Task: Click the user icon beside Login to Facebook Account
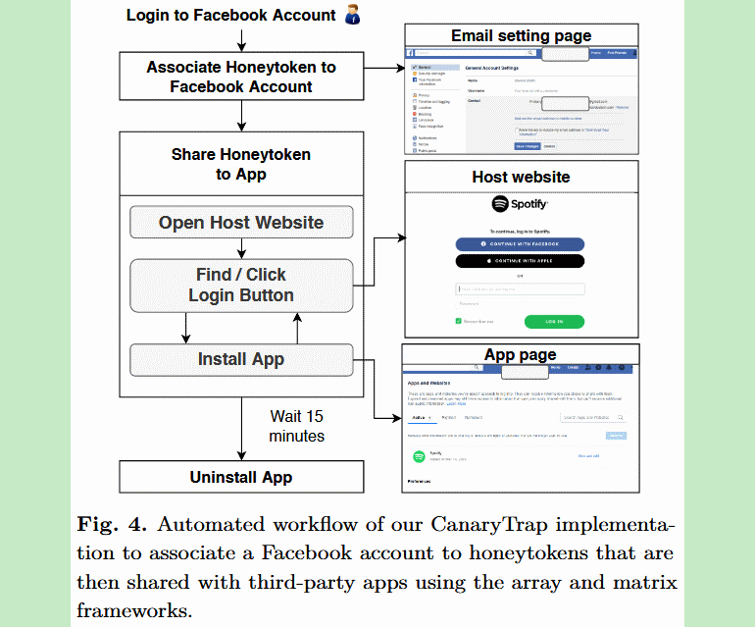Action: coord(353,16)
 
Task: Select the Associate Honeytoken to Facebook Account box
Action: coord(240,77)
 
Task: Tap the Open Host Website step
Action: coord(240,222)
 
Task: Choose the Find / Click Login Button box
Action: coord(240,285)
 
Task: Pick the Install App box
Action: coord(240,359)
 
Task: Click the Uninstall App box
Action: coord(240,478)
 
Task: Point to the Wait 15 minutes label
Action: coord(296,425)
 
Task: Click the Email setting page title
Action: coord(521,36)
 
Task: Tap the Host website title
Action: coord(521,177)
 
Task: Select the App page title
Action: coord(520,354)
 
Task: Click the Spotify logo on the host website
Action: coord(520,205)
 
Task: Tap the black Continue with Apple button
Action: coord(520,261)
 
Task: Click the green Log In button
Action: coord(554,321)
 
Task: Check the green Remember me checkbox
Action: coord(459,321)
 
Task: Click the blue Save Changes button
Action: coord(528,145)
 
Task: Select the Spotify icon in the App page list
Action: coord(419,456)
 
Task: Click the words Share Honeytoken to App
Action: coord(240,164)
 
